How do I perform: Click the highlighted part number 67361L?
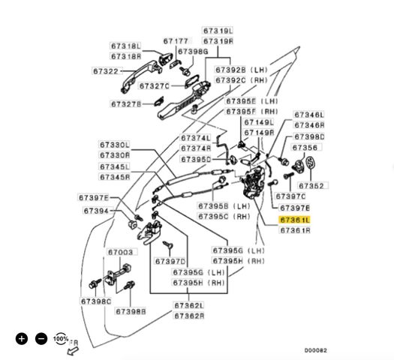coord(294,220)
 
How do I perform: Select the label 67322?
coord(106,71)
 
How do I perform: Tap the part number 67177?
coord(176,41)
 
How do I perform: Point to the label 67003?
coord(120,252)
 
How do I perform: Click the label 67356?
coord(305,147)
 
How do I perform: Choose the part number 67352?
coord(311,185)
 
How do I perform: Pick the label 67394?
coord(96,211)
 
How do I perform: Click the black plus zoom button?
coord(22,339)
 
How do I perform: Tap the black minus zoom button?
coord(41,339)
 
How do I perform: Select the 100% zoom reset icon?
coord(61,339)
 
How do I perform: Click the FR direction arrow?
coord(73,350)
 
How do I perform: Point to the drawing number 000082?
coord(316,350)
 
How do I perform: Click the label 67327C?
coord(155,85)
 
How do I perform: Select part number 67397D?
coord(170,261)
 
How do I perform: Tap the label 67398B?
coord(131,311)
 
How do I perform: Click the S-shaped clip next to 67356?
coord(311,163)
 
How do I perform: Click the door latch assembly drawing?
coord(254,181)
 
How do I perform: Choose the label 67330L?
coord(115,145)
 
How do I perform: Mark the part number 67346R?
coord(309,124)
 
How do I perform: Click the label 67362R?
coord(189,316)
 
